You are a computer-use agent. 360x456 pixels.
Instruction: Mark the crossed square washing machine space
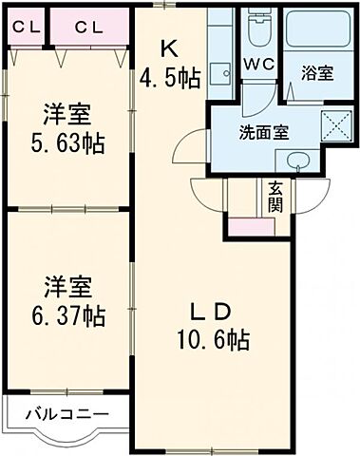[x=333, y=125]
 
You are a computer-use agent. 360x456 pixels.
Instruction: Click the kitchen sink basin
[x=219, y=73]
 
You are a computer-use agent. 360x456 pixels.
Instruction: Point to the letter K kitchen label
[x=167, y=46]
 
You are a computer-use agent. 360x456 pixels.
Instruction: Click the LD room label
[x=210, y=311]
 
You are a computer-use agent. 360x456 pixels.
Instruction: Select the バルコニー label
[x=66, y=414]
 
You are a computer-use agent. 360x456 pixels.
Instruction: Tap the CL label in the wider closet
[x=90, y=26]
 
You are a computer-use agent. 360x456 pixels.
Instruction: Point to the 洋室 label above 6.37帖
[x=66, y=284]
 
